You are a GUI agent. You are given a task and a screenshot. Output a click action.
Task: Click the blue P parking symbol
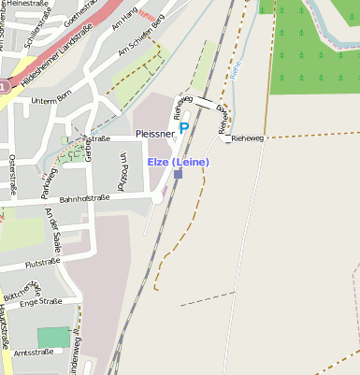[x=184, y=127]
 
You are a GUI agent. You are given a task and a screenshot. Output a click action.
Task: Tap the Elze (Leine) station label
[x=178, y=163]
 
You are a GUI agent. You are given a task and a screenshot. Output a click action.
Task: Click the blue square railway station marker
[x=178, y=174]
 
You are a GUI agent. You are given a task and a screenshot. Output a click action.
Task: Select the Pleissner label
[x=154, y=134]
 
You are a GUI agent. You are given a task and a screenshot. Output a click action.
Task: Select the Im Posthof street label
[x=122, y=171]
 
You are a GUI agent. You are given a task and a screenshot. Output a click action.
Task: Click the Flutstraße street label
[x=43, y=265]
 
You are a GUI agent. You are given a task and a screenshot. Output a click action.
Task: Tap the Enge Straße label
[x=40, y=302]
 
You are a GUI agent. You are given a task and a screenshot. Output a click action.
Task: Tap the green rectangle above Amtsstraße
[x=53, y=337]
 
